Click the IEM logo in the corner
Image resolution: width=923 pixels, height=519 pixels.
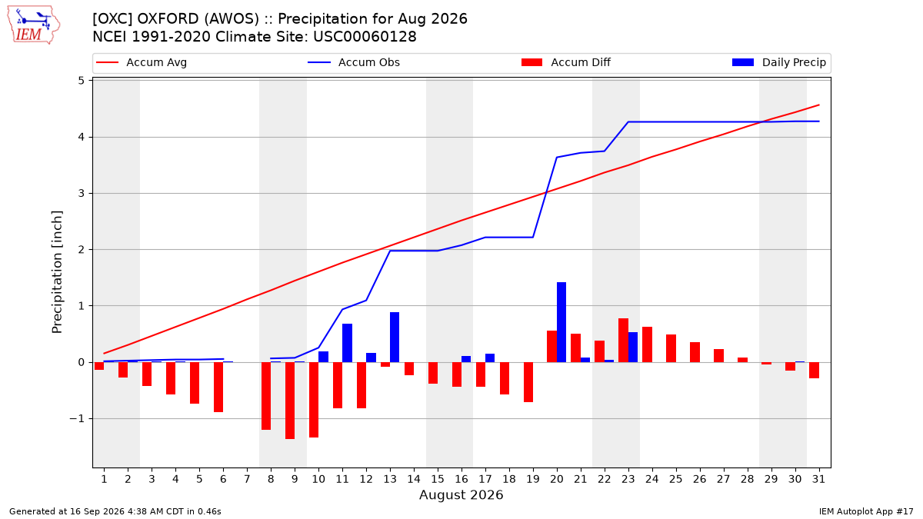click(33, 25)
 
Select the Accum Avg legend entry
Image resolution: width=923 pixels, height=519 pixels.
click(142, 62)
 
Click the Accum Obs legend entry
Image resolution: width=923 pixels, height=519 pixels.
click(354, 62)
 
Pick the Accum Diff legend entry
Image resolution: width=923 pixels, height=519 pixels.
click(566, 62)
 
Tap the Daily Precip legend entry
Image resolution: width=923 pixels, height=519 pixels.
click(778, 62)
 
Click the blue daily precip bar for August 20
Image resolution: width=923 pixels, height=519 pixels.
click(561, 322)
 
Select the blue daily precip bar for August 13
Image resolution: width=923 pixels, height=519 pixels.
click(395, 338)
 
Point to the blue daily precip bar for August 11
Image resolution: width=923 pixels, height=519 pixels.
click(347, 343)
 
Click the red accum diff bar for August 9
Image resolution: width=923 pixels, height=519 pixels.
click(290, 401)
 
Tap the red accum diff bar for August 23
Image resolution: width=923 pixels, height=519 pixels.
click(623, 340)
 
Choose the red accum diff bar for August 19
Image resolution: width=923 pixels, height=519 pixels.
click(528, 382)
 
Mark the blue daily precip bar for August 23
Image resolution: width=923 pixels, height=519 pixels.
click(633, 348)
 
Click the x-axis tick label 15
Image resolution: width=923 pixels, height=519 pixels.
click(438, 479)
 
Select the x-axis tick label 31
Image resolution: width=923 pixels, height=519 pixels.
click(818, 479)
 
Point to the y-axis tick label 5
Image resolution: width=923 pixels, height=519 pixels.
click(81, 80)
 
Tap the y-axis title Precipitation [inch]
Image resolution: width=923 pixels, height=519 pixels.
click(57, 272)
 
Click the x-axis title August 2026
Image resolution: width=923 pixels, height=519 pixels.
click(461, 494)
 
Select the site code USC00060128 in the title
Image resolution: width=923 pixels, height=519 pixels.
click(365, 37)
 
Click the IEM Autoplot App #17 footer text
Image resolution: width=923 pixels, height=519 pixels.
click(866, 511)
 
